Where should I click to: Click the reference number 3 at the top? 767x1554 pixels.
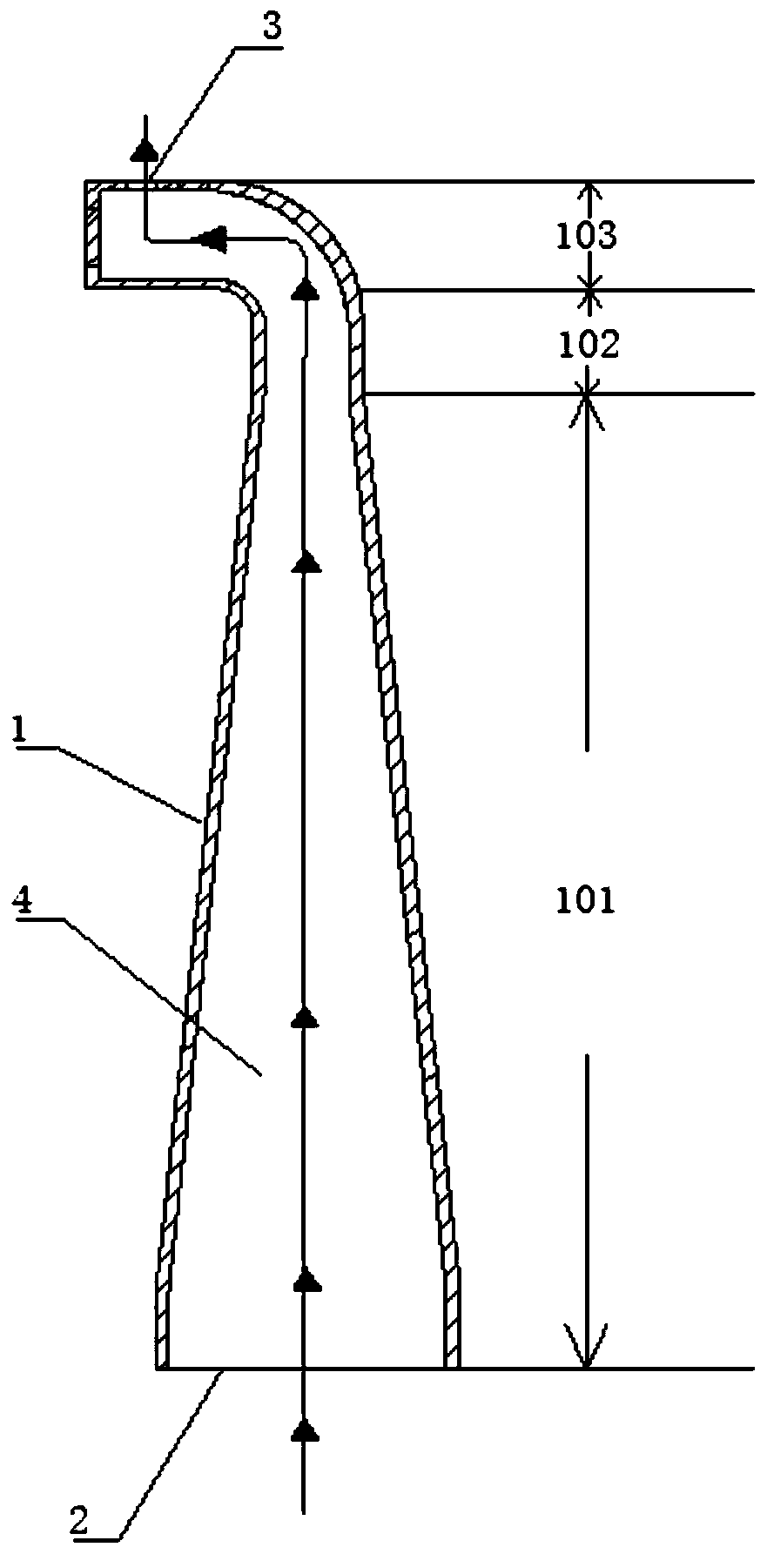pyautogui.click(x=272, y=28)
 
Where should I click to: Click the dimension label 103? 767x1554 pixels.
pyautogui.click(x=586, y=236)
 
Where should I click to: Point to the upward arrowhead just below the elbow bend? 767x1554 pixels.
pyautogui.click(x=304, y=291)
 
